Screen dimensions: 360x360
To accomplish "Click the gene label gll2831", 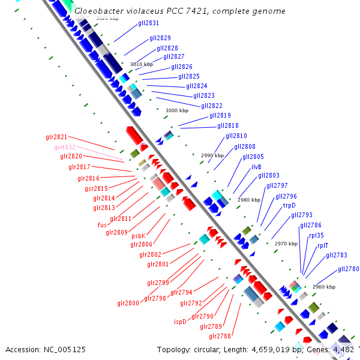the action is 148,23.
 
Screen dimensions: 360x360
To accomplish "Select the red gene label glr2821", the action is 56,137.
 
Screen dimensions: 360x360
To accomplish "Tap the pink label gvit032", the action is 65,147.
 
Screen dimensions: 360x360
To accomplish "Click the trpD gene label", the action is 289,205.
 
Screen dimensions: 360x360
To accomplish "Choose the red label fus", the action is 102,225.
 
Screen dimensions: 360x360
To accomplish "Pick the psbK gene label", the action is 139,236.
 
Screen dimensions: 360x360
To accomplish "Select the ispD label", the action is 180,322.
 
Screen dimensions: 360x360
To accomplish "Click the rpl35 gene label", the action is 316,235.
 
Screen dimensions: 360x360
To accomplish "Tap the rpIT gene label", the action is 323,245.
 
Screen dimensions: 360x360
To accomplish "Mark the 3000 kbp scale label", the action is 176,110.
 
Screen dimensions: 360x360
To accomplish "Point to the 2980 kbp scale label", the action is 248,200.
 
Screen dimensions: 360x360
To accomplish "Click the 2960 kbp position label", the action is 323,287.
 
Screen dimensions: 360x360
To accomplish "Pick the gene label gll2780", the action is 348,269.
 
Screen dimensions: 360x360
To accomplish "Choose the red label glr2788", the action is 220,336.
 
